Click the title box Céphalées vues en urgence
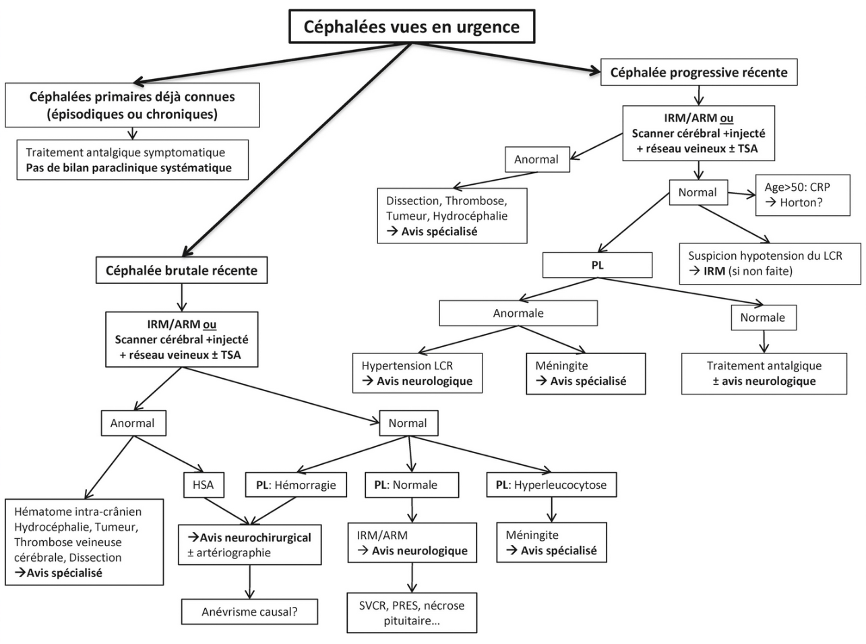pyautogui.click(x=411, y=27)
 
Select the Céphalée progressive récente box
pyautogui.click(x=698, y=72)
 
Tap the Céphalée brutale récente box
pyautogui.click(x=181, y=270)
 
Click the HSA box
pyautogui.click(x=203, y=484)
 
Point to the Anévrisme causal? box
pyautogui.click(x=249, y=612)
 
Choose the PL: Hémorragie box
pyautogui.click(x=296, y=484)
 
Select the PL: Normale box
pyautogui.click(x=412, y=484)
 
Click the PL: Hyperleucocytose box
pyautogui.click(x=551, y=484)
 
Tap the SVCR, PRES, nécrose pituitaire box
pyautogui.click(x=412, y=613)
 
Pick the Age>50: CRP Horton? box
pyautogui.click(x=803, y=195)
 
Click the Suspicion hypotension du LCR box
pyautogui.click(x=770, y=263)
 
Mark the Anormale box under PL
pyautogui.click(x=518, y=313)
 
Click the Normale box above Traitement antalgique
pyautogui.click(x=762, y=318)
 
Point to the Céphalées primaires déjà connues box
pyautogui.click(x=132, y=105)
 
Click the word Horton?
pyautogui.click(x=801, y=202)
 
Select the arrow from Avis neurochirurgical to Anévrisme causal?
pyautogui.click(x=250, y=581)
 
